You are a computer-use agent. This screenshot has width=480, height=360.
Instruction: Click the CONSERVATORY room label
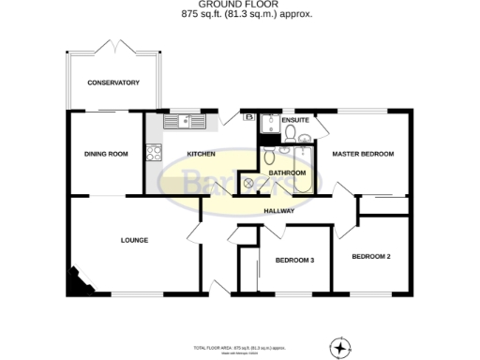[113, 83]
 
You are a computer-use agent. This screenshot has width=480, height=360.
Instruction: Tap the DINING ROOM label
[105, 154]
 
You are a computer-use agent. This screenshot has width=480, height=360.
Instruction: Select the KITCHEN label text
[202, 154]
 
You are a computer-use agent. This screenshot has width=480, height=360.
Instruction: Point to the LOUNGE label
[134, 240]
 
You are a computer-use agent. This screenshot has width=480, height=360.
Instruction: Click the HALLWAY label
[278, 211]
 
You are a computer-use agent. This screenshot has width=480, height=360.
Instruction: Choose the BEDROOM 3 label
[293, 260]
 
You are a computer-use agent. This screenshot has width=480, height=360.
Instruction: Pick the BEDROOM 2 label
[370, 256]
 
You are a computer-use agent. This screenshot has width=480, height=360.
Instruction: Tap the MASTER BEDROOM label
[363, 154]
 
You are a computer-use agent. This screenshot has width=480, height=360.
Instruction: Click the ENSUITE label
[295, 120]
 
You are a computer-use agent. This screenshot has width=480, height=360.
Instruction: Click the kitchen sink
[185, 121]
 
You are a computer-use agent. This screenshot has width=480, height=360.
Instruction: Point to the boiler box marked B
[248, 117]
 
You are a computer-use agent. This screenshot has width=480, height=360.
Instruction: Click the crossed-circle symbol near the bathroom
[249, 183]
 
